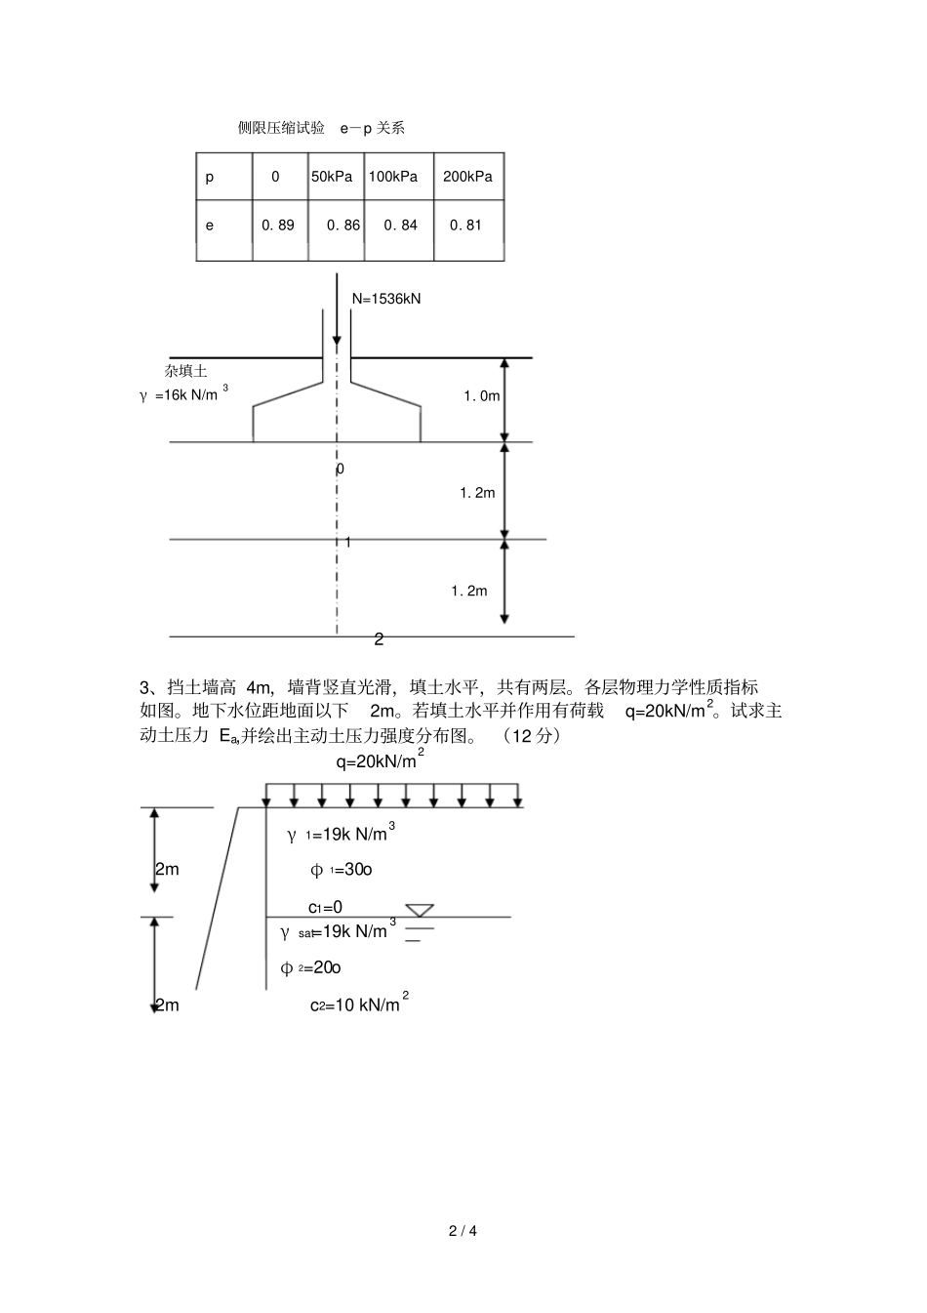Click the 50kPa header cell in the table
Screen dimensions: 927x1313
(332, 177)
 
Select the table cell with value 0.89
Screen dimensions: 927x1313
(278, 226)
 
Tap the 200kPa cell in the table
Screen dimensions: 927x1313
(467, 177)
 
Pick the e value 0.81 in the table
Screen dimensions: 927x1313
(465, 226)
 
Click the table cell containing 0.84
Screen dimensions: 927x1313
(400, 226)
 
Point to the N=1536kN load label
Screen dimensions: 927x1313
(386, 299)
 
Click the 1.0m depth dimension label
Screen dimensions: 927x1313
(481, 396)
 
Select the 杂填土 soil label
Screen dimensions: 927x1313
(185, 371)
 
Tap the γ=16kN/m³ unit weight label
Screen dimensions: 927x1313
(183, 394)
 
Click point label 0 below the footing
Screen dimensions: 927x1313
(340, 469)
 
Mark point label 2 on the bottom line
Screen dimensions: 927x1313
(379, 639)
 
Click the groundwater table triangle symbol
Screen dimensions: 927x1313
(420, 911)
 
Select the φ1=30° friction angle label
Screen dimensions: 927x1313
(342, 870)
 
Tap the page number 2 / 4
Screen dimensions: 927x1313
(463, 1230)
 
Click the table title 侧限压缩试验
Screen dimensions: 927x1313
(281, 128)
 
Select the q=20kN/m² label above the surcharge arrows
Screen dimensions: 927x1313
(380, 760)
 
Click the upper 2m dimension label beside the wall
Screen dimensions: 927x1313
(167, 869)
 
